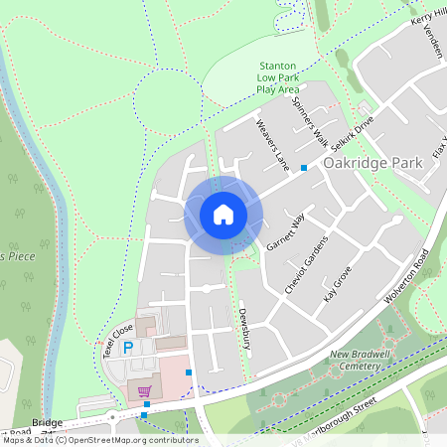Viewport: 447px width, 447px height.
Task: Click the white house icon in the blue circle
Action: pos(223,213)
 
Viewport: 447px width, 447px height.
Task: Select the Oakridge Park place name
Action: pos(365,162)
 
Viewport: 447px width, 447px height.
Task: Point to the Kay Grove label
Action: pos(338,284)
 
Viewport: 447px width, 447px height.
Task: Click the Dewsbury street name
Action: pos(243,329)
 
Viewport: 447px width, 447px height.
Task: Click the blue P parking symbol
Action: pos(128,348)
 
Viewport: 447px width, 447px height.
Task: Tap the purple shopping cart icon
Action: pos(145,391)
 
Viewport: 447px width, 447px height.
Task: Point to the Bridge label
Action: pos(47,423)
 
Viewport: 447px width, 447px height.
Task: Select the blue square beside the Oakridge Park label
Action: pos(304,167)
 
